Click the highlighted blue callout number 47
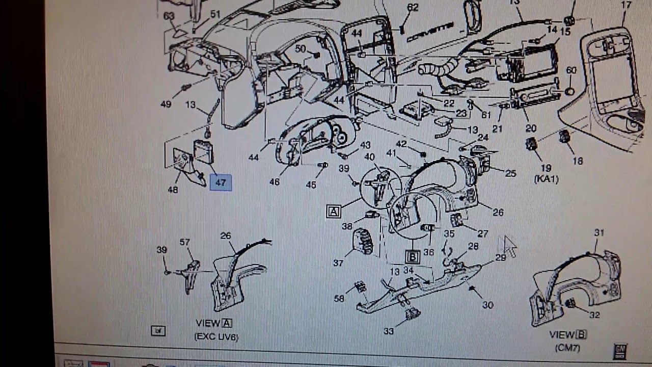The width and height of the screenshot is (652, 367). tap(221, 182)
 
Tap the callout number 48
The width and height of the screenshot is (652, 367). tap(173, 190)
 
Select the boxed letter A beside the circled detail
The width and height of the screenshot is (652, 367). tap(334, 212)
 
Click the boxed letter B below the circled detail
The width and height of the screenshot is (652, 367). tap(413, 257)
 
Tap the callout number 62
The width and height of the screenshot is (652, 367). tap(413, 7)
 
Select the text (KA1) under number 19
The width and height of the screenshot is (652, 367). tap(547, 179)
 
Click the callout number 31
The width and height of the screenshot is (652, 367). tap(599, 232)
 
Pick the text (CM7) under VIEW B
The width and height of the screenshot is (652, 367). tap(568, 348)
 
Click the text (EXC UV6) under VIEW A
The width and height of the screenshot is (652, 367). tap(216, 336)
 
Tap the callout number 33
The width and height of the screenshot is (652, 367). tap(389, 331)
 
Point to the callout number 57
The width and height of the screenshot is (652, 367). tap(185, 242)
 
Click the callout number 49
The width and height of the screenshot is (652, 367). tap(166, 104)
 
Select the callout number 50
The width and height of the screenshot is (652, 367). tap(301, 49)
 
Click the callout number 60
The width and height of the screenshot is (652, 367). tap(571, 70)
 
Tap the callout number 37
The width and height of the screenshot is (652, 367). tap(338, 263)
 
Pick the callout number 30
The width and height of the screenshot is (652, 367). tap(487, 305)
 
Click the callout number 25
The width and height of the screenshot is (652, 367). tap(510, 174)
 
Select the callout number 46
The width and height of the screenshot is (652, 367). tap(275, 181)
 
